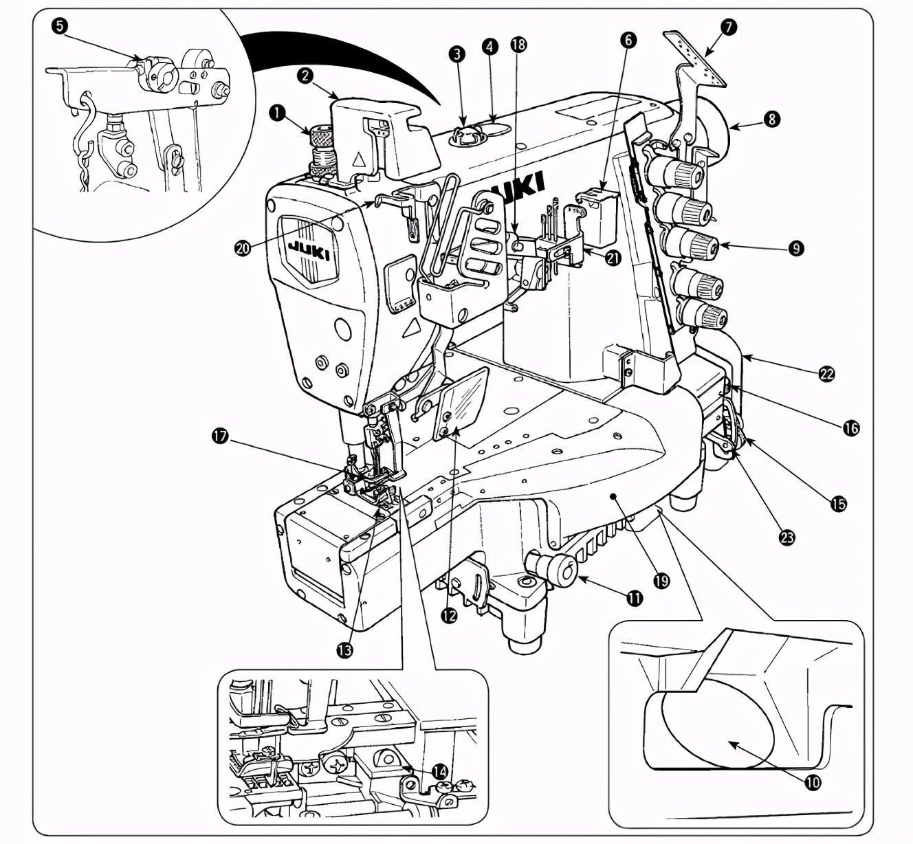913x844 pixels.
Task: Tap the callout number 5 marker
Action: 60,27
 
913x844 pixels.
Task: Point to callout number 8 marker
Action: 773,118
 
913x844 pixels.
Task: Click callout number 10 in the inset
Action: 813,781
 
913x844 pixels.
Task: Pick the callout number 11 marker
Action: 635,599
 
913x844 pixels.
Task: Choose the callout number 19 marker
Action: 661,581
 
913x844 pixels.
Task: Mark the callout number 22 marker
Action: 827,374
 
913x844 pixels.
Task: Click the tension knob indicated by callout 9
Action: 694,244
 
